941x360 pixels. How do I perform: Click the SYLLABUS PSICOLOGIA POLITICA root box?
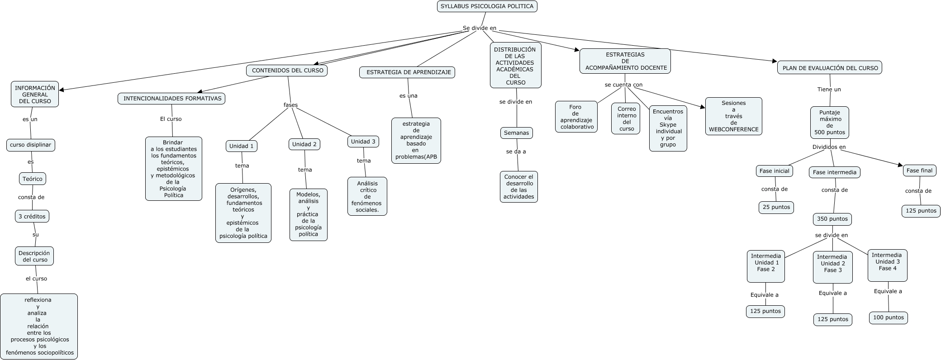pos(487,6)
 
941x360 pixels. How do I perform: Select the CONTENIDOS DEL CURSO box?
pos(287,71)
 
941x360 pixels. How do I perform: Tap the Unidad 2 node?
pos(304,144)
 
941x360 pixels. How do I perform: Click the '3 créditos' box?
pos(32,217)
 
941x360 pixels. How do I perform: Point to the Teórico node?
pos(33,179)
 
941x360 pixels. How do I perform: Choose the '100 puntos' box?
pos(888,317)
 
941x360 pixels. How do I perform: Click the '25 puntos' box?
pos(776,207)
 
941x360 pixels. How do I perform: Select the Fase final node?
pos(919,171)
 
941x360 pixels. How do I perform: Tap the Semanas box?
pos(516,133)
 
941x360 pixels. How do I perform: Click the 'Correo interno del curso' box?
pos(627,118)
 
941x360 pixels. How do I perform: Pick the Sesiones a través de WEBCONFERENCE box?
pos(733,116)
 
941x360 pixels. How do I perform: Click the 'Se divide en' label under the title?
pos(479,28)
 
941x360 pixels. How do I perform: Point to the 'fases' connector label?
pos(290,105)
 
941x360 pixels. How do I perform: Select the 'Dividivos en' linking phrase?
pos(829,147)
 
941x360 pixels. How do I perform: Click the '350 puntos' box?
pos(832,219)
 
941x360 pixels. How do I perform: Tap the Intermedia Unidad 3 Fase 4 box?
pos(887,265)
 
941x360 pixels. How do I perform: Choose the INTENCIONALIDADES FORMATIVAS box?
pos(172,99)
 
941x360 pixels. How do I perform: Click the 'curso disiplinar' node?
pos(31,145)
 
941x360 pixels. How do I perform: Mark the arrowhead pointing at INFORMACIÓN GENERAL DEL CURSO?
pos(62,90)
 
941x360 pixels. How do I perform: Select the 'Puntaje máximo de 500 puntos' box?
pos(829,123)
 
